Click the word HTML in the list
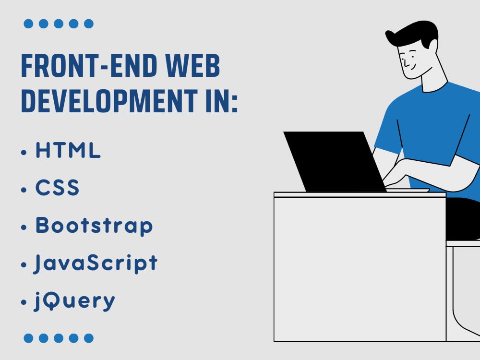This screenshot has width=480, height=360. [68, 151]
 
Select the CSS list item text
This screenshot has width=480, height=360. [57, 188]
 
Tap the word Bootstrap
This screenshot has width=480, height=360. [94, 226]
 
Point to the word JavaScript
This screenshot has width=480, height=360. [96, 263]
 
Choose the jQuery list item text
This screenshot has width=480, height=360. [75, 301]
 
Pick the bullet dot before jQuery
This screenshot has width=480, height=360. [24, 303]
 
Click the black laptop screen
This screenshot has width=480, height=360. [334, 161]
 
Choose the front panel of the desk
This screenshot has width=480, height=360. [360, 269]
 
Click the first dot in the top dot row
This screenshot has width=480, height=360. [28, 24]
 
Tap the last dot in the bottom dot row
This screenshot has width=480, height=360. [88, 338]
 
